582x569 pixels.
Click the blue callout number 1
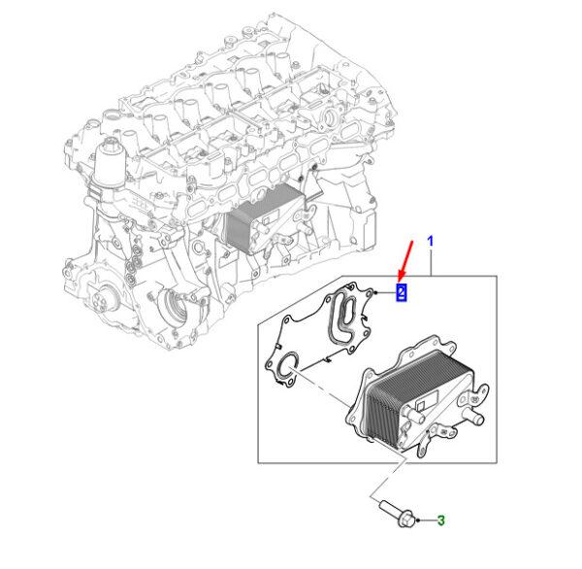click(430, 241)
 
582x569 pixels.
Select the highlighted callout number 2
click(402, 292)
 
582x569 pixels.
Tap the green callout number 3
click(440, 520)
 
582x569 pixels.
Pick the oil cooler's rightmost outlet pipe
click(473, 418)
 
